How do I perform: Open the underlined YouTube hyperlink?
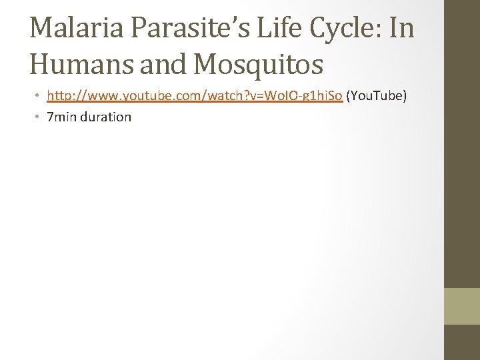195,97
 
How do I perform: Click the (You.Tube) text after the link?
377,97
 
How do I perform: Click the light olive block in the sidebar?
462,305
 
